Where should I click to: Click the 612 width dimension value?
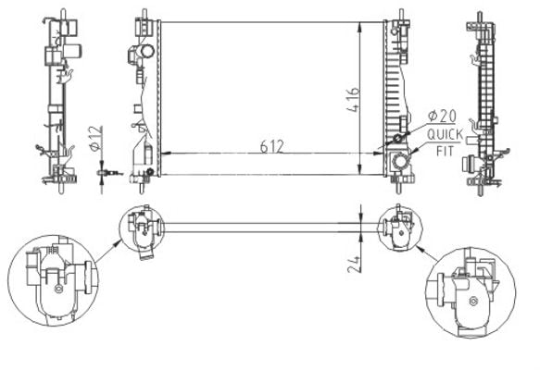271,146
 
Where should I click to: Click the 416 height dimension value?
353,100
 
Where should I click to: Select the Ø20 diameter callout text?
442,116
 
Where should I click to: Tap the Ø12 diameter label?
95,138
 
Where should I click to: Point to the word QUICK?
445,135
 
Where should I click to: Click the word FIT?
445,151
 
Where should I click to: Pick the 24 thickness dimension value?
354,265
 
